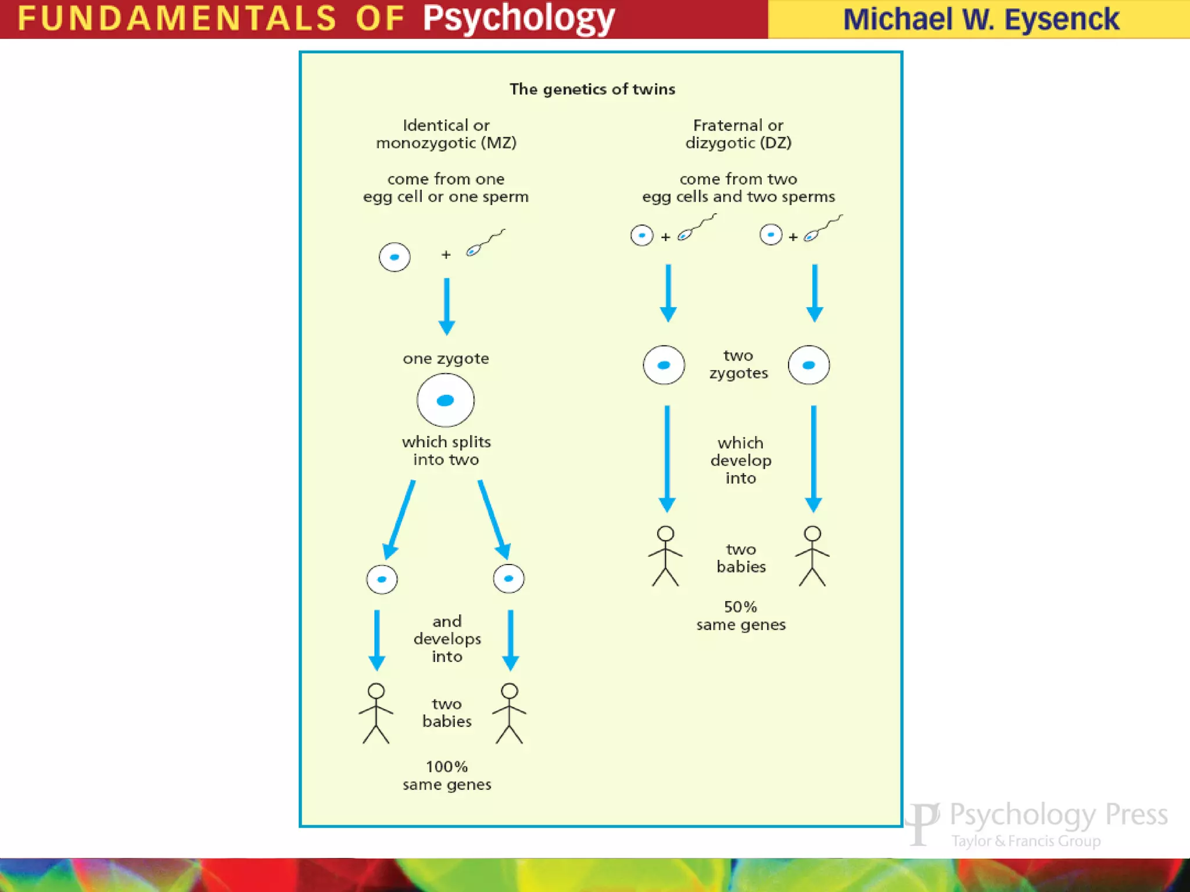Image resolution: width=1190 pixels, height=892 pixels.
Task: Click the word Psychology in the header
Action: [518, 19]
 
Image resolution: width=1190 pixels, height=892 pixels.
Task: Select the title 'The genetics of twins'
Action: [592, 89]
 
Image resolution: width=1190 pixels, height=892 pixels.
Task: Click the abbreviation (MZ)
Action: [498, 143]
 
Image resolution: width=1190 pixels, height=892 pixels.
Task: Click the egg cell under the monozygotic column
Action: [395, 257]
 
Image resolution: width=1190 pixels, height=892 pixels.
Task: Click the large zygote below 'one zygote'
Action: [446, 400]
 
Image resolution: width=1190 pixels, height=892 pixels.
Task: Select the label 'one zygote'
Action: [446, 358]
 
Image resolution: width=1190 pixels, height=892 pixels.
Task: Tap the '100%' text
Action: [446, 767]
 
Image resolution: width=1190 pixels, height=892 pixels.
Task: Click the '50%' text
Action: [740, 607]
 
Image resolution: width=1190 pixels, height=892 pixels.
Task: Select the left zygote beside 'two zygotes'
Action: [664, 365]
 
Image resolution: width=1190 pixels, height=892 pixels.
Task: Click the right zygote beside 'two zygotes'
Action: [808, 365]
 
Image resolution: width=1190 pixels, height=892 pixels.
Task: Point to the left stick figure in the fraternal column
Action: [665, 556]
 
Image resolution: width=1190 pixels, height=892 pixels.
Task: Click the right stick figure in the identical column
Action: [509, 713]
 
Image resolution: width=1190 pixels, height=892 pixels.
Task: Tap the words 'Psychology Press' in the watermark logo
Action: [1058, 815]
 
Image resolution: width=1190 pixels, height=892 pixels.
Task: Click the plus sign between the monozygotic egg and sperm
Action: [446, 254]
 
